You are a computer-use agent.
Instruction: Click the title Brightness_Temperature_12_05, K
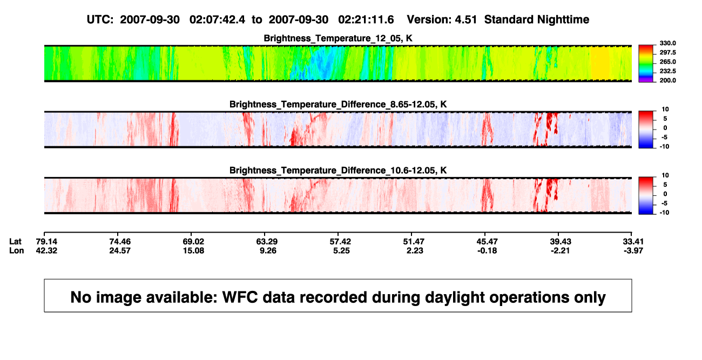click(x=338, y=38)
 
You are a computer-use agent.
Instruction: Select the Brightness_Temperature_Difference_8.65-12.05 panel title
click(x=338, y=104)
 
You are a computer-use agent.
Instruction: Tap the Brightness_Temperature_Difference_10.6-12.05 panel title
click(x=338, y=171)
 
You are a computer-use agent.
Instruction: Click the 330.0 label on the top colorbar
click(x=667, y=43)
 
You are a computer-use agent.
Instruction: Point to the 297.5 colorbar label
click(x=667, y=53)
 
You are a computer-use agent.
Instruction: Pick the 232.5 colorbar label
click(x=667, y=71)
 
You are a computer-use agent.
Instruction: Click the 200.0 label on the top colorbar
click(x=667, y=80)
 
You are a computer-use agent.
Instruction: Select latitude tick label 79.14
click(x=46, y=242)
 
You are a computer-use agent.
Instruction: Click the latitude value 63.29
click(x=267, y=242)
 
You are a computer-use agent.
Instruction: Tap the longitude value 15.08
click(x=194, y=250)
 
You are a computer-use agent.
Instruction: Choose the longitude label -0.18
click(x=487, y=250)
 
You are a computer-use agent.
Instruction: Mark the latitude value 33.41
click(x=633, y=242)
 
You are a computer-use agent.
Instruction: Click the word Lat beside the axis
click(x=15, y=242)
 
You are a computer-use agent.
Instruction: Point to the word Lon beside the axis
click(x=17, y=250)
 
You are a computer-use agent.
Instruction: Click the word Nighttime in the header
click(x=563, y=20)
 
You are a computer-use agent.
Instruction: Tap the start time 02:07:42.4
click(x=217, y=20)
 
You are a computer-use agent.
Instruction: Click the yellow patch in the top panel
click(x=600, y=63)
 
